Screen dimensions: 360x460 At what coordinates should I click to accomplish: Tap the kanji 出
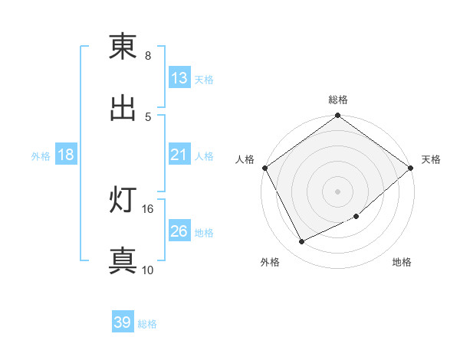click(123, 108)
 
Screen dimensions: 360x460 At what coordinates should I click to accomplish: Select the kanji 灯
click(123, 201)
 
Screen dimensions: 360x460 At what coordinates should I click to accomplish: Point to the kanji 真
click(123, 260)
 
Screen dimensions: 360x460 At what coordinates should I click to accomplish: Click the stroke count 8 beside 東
click(148, 56)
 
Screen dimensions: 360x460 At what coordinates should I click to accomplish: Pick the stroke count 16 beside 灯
click(148, 208)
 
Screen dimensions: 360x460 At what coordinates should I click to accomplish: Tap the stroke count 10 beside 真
click(148, 270)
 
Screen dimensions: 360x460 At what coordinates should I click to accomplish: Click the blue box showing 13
click(179, 78)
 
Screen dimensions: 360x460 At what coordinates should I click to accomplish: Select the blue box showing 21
click(179, 155)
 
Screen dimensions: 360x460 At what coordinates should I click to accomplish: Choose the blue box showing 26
click(179, 231)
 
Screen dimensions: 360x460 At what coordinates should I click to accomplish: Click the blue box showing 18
click(66, 155)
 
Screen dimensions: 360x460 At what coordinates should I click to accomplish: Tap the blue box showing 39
click(123, 323)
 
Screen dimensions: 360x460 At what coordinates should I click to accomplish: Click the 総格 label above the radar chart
click(338, 100)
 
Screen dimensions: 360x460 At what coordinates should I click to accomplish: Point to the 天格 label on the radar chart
click(432, 159)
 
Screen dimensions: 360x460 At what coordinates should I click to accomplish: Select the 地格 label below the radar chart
click(402, 263)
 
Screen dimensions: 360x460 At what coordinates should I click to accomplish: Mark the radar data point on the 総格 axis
click(338, 116)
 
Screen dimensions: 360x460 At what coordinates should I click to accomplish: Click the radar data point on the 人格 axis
click(264, 168)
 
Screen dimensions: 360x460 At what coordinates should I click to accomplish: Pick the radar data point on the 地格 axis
click(356, 216)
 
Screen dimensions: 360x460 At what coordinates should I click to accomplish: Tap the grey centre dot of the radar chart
click(338, 191)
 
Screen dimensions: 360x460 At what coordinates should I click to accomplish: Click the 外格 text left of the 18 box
click(41, 155)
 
